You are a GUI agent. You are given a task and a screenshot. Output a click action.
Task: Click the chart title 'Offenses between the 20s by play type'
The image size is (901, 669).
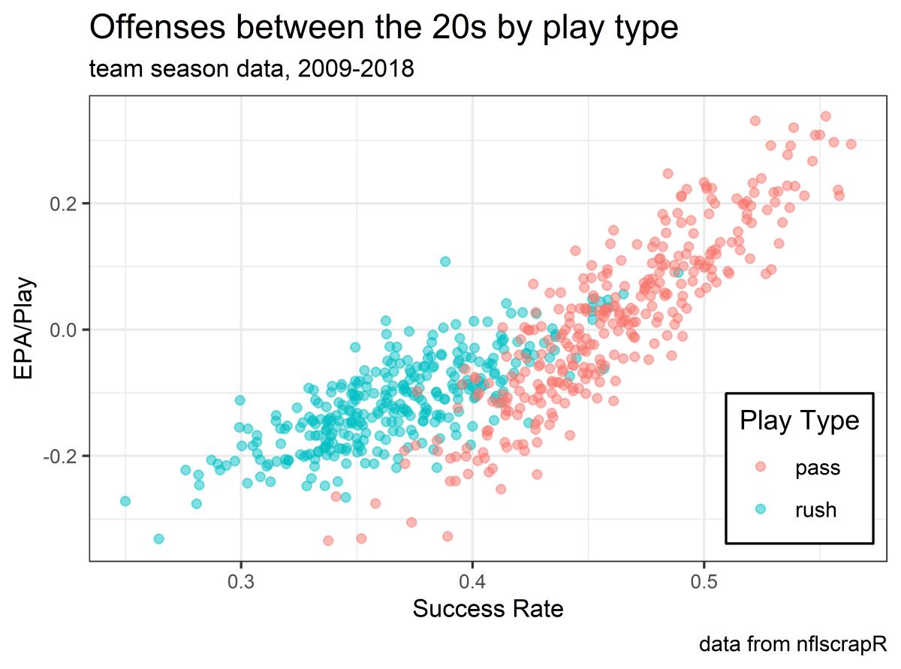[384, 29]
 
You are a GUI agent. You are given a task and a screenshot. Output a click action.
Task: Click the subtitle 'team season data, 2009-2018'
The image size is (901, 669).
[252, 70]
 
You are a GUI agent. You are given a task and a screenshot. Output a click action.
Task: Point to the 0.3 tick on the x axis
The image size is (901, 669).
[240, 581]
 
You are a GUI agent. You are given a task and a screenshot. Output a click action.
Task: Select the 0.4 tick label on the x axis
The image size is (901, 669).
[472, 581]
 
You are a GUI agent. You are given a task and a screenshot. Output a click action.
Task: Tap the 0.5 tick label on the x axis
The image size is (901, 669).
[703, 581]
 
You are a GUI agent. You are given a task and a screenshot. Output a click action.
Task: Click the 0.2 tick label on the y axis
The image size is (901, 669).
[63, 203]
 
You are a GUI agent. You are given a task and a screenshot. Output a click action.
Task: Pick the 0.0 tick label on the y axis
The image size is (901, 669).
[63, 330]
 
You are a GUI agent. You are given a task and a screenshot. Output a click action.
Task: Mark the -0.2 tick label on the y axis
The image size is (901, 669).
[60, 456]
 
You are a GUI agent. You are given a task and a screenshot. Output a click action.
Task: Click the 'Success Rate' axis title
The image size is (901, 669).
[488, 609]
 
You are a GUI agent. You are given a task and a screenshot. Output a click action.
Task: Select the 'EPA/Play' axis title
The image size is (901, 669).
[24, 330]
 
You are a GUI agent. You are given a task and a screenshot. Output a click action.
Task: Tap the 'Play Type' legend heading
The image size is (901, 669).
[799, 420]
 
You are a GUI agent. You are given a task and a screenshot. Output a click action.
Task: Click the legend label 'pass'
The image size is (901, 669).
[818, 469]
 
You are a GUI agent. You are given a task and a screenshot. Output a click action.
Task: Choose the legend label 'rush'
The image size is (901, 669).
[816, 510]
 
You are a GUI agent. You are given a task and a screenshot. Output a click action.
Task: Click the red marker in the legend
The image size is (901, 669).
[761, 469]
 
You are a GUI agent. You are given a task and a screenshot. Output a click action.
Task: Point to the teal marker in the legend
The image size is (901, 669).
[761, 510]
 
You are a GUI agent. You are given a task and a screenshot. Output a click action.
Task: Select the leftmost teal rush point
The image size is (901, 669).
[125, 501]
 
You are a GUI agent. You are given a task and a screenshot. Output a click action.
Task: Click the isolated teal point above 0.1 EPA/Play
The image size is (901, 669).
[445, 261]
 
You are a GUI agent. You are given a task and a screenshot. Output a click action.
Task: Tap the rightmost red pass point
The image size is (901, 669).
[851, 144]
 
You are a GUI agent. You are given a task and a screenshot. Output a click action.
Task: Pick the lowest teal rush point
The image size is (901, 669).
[158, 538]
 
